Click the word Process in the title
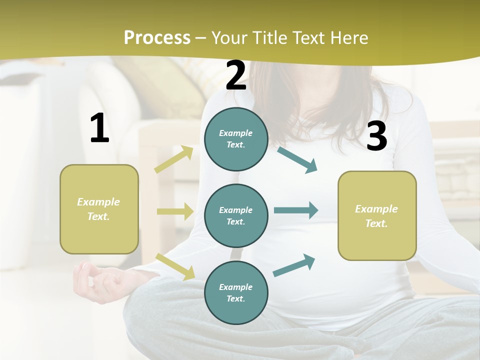point(157,37)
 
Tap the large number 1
point(99,128)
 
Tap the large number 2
point(236,75)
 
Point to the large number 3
point(376,136)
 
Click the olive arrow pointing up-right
point(174,159)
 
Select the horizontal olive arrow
point(175,211)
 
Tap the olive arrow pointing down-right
point(175,266)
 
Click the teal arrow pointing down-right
point(297,159)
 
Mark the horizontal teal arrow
point(295,210)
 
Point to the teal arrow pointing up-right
point(294,265)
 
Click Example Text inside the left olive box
point(98,209)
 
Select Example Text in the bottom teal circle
point(235,292)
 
